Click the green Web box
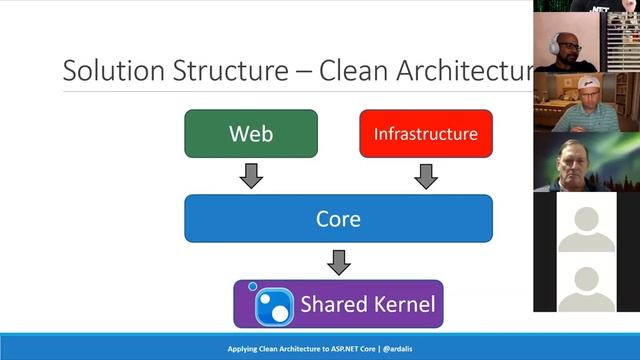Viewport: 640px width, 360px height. click(x=251, y=133)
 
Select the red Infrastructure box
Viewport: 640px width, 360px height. click(x=426, y=133)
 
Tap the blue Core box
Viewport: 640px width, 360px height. click(x=338, y=218)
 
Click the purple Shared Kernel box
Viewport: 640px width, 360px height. click(x=338, y=304)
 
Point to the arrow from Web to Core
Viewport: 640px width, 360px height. click(x=252, y=176)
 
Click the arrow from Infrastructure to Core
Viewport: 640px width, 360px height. click(x=426, y=176)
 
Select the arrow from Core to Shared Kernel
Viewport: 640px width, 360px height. click(x=339, y=261)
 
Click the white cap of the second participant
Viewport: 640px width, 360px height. click(x=591, y=86)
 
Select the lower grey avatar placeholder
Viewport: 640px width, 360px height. click(x=586, y=288)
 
